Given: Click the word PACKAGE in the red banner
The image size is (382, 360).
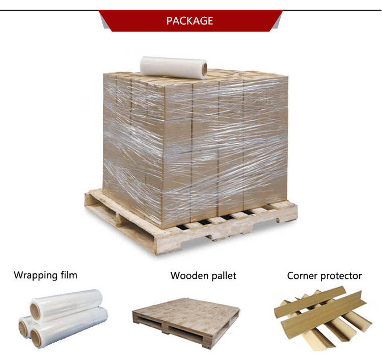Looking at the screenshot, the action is pos(189,21).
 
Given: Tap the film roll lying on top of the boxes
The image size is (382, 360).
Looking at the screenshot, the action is pos(173,67).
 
